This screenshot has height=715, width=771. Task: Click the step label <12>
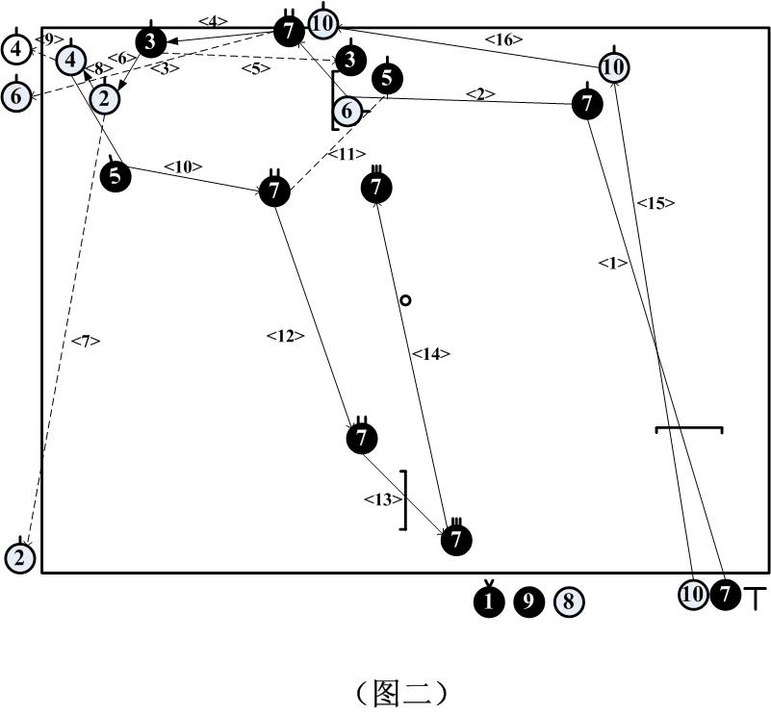285,336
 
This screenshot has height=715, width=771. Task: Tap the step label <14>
430,354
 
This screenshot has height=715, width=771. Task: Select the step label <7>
85,340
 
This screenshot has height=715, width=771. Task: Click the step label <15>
655,203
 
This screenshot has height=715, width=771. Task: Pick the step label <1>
612,263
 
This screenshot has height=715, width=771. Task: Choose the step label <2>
480,93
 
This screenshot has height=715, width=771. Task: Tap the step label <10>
183,166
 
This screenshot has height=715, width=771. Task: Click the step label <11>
347,153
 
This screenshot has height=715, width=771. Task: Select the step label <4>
213,19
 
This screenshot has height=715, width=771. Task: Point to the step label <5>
257,68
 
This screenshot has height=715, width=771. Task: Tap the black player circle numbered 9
528,601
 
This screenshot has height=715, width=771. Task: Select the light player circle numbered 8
569,601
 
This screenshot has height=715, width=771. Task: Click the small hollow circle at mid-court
405,300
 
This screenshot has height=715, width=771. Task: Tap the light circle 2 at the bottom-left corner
20,556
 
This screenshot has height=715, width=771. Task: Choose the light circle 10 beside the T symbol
693,594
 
